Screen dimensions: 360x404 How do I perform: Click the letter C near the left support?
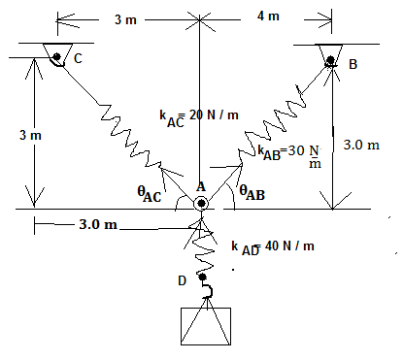pyautogui.click(x=77, y=57)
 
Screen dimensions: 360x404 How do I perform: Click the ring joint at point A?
pyautogui.click(x=201, y=204)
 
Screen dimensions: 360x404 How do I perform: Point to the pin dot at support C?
pyautogui.click(x=57, y=56)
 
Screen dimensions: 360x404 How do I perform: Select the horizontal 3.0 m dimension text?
pyautogui.click(x=97, y=225)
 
